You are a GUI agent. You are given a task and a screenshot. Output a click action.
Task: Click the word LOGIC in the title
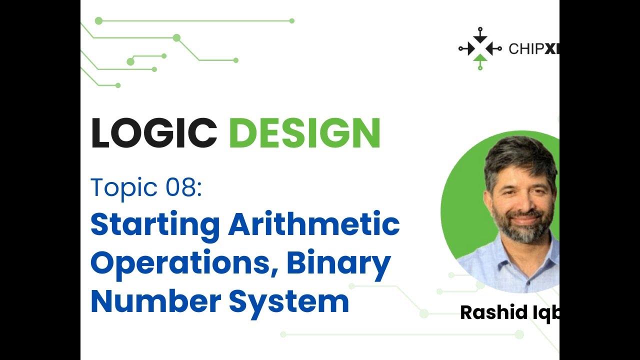click(x=153, y=133)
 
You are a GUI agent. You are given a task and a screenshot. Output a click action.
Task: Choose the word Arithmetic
click(x=314, y=225)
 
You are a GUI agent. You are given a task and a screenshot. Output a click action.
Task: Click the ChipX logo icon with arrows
click(x=479, y=48)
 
